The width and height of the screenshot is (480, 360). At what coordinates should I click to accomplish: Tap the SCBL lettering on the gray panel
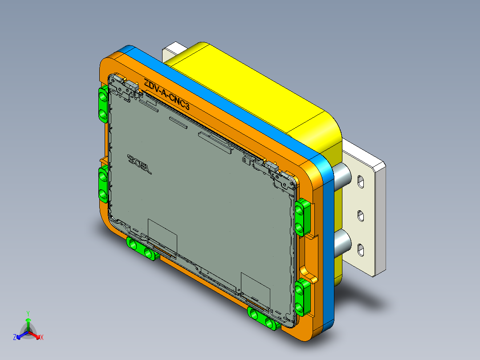[139, 164]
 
